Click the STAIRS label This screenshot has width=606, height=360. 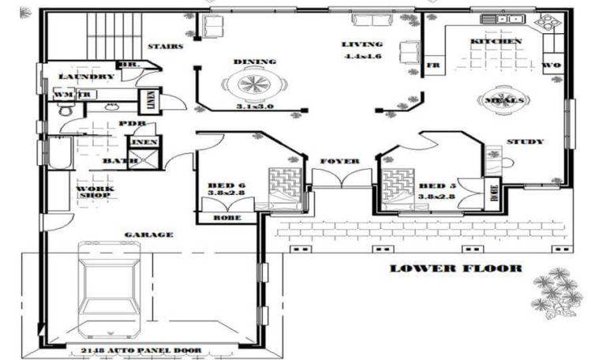[165, 47]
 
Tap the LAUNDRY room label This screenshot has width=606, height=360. [87, 77]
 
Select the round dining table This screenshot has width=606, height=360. [252, 83]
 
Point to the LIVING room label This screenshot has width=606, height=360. [362, 44]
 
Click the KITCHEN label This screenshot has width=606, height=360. [496, 41]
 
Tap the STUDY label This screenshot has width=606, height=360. [525, 142]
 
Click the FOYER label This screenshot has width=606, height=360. [340, 161]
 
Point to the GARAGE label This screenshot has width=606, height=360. [148, 234]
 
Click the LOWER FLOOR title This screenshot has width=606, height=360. [455, 268]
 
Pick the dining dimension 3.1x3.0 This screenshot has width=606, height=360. [254, 107]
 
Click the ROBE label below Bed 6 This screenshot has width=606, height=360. [227, 216]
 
